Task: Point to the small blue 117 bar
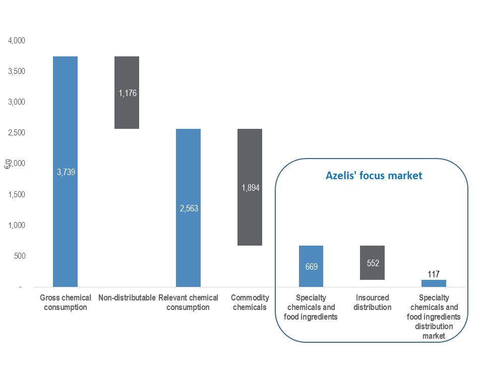(434, 283)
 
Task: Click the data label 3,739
(66, 172)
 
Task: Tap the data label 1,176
(128, 93)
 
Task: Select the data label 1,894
(251, 188)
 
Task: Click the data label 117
(434, 274)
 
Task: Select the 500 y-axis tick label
(20, 256)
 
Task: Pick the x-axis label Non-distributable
(127, 298)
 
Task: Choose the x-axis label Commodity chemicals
(250, 302)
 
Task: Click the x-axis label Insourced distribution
(373, 302)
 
